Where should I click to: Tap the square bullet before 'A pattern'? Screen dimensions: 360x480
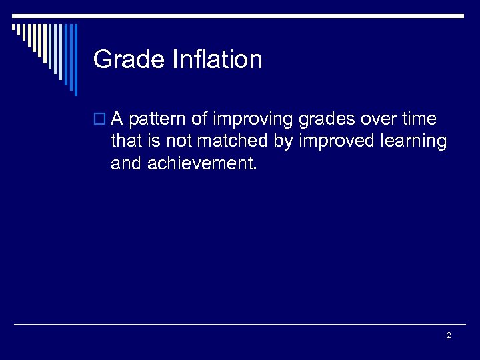point(100,120)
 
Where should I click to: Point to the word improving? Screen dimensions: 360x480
point(250,121)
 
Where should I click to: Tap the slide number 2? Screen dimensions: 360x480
point(448,335)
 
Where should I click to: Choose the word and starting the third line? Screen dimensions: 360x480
point(125,163)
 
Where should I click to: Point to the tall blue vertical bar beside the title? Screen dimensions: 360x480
point(75,60)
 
